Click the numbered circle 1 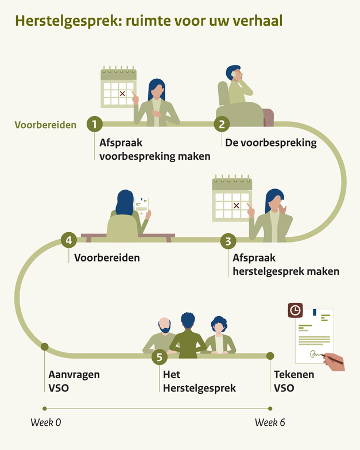point(94,123)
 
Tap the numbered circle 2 point(222,124)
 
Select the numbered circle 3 point(229,241)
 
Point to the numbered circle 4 point(69,240)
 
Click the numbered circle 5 point(160,357)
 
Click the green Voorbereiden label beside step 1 point(45,125)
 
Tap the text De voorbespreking point(271,143)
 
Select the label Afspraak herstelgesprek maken point(285,264)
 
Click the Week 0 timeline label point(46,422)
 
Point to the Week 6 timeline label point(270,422)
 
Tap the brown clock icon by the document point(295,310)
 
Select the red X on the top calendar point(122,93)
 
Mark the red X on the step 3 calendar point(235,205)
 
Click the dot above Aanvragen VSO point(45,346)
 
